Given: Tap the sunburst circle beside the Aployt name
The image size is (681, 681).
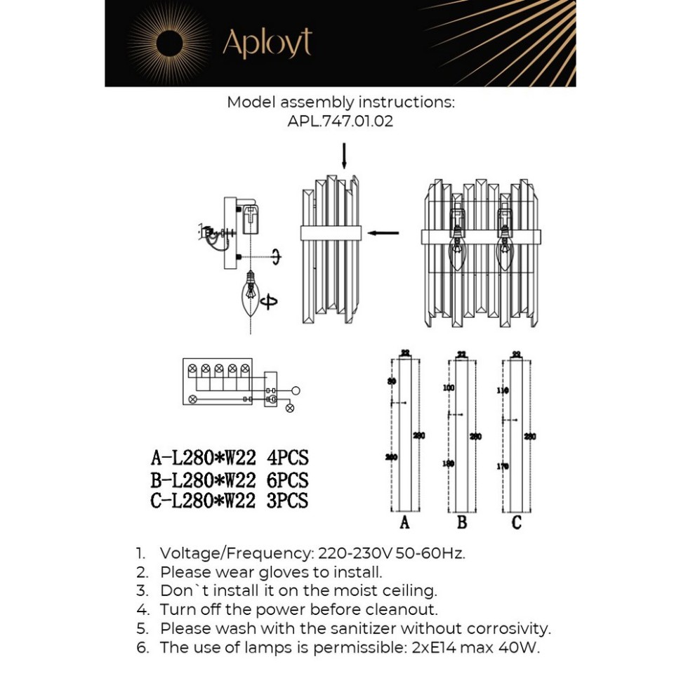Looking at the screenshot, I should tap(169, 44).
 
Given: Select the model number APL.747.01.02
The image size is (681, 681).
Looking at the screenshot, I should tap(340, 121).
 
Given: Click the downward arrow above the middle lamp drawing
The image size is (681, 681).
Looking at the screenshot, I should tap(344, 156).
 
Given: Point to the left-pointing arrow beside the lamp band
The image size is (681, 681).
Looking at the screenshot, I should tap(383, 233).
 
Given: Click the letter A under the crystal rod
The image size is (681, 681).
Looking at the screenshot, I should tap(404, 523).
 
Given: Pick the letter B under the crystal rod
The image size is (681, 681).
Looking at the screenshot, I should tap(461, 523).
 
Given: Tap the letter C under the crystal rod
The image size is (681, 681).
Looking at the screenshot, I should tap(517, 523).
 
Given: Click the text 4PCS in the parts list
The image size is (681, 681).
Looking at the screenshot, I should tap(288, 458).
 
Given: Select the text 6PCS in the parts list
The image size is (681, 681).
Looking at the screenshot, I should tap(288, 480).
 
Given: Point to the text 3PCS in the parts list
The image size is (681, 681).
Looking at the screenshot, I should tap(288, 501).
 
